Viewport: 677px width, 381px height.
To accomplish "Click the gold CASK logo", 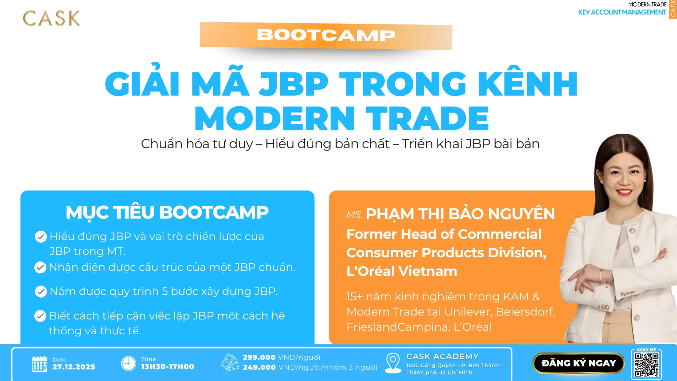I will click(52, 18).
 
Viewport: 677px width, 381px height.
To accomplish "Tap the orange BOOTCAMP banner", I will click(326, 35).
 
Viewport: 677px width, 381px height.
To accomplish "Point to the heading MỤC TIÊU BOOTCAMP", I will click(167, 212).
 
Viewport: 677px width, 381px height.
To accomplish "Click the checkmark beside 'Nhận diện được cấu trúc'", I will click(40, 267).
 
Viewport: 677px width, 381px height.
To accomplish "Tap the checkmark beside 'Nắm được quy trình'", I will click(41, 291).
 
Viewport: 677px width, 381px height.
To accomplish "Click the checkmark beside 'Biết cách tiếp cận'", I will click(40, 316).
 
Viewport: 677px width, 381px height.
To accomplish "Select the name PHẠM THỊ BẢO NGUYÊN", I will click(460, 214).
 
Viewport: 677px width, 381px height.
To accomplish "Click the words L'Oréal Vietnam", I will click(402, 271).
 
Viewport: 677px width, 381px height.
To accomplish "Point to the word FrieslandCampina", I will click(398, 327).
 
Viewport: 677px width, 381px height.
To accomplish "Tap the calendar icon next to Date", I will click(40, 364).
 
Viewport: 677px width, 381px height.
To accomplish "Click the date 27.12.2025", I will click(74, 367).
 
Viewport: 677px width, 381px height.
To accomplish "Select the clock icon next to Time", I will click(129, 363).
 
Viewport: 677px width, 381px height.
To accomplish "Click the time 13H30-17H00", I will click(168, 366).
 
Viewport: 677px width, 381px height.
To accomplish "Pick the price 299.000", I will click(259, 357).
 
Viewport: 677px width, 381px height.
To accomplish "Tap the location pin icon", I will click(393, 362).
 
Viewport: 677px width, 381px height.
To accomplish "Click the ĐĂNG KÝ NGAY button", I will click(578, 363).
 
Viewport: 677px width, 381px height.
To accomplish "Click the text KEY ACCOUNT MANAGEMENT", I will click(622, 12).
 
